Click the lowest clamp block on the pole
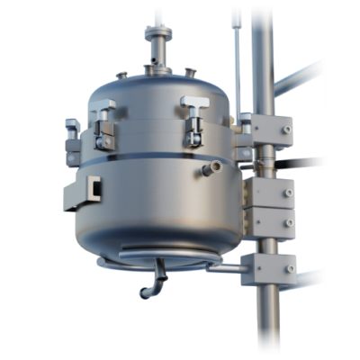(268, 267)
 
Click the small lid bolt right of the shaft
(190, 71)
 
